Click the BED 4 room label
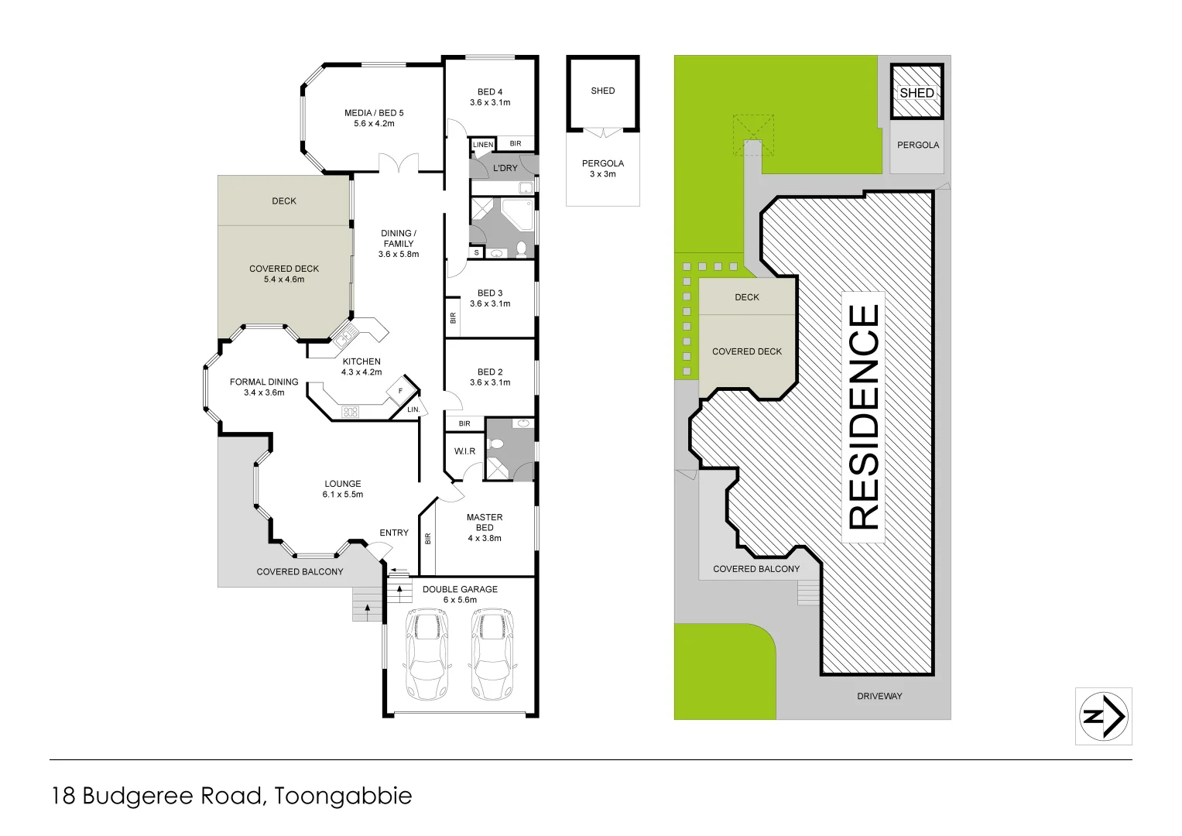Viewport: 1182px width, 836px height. (x=490, y=97)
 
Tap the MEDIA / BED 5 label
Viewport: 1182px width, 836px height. (x=374, y=118)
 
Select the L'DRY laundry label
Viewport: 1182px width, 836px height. (x=505, y=168)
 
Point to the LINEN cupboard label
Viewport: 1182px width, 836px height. (x=482, y=145)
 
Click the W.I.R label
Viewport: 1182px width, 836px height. (x=464, y=451)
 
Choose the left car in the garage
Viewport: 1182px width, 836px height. (x=427, y=654)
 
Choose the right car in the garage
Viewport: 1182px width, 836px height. (x=491, y=654)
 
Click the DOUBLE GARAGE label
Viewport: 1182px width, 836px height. (x=460, y=594)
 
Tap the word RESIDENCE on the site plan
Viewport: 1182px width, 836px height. (x=864, y=417)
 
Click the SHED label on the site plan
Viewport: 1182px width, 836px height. (x=916, y=93)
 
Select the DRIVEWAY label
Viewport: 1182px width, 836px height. (x=879, y=696)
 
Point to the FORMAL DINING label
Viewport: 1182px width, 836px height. (x=264, y=387)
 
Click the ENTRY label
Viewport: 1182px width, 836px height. (x=394, y=533)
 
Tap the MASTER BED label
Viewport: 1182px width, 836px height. (x=485, y=527)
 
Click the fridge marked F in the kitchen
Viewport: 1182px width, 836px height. (x=400, y=391)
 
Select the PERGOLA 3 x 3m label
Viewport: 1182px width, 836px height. (x=603, y=168)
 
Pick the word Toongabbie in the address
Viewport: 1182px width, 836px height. (x=343, y=796)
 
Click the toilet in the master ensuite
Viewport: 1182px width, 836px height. (x=496, y=444)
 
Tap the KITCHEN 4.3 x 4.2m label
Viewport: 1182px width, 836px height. (x=361, y=366)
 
